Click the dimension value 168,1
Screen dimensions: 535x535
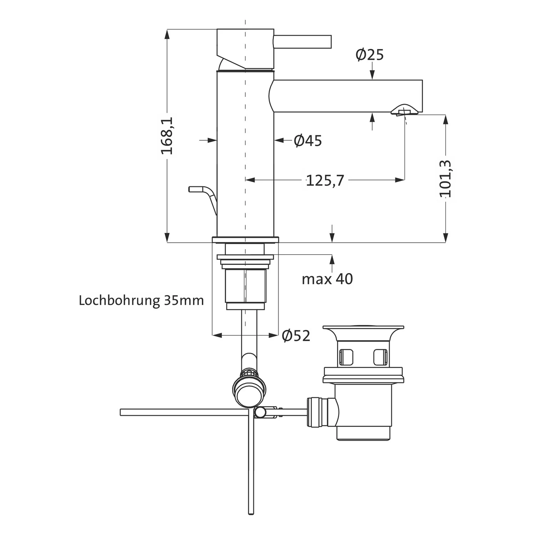167,135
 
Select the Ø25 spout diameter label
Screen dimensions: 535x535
370,55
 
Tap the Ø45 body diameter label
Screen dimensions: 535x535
308,141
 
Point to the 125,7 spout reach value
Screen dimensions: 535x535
325,181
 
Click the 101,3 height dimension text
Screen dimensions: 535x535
445,179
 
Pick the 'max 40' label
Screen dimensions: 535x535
327,279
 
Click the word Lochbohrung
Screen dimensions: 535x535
119,300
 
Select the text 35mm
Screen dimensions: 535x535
184,300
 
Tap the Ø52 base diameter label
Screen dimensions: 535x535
296,336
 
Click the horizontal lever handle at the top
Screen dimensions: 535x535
302,41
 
